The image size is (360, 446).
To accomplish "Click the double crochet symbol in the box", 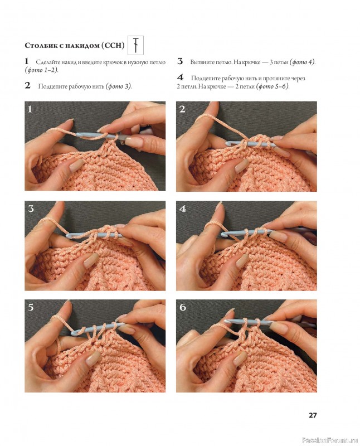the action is (136, 45).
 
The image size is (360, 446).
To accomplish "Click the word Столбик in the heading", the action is (41, 46).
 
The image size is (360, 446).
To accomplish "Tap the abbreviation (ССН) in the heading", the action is (113, 46).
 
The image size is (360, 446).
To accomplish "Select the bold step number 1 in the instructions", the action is (27, 61).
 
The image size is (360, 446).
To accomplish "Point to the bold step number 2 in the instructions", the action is (27, 85).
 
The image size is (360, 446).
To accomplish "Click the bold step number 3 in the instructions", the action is (180, 61).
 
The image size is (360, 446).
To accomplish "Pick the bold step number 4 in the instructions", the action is (181, 77).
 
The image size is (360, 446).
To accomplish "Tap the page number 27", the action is (313, 415).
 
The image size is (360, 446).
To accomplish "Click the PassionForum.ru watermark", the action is (330, 440).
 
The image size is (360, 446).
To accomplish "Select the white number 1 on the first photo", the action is (30, 109).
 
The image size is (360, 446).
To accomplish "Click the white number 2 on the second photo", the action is (182, 109).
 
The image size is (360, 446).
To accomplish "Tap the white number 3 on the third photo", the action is (31, 209).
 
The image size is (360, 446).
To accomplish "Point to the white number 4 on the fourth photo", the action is (183, 209).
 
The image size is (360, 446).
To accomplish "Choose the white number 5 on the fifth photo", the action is (31, 308).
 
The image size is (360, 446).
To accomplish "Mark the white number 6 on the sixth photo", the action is (183, 307).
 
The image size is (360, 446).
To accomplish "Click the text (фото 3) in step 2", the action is (119, 86).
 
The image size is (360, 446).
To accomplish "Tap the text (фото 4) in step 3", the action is (302, 62).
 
